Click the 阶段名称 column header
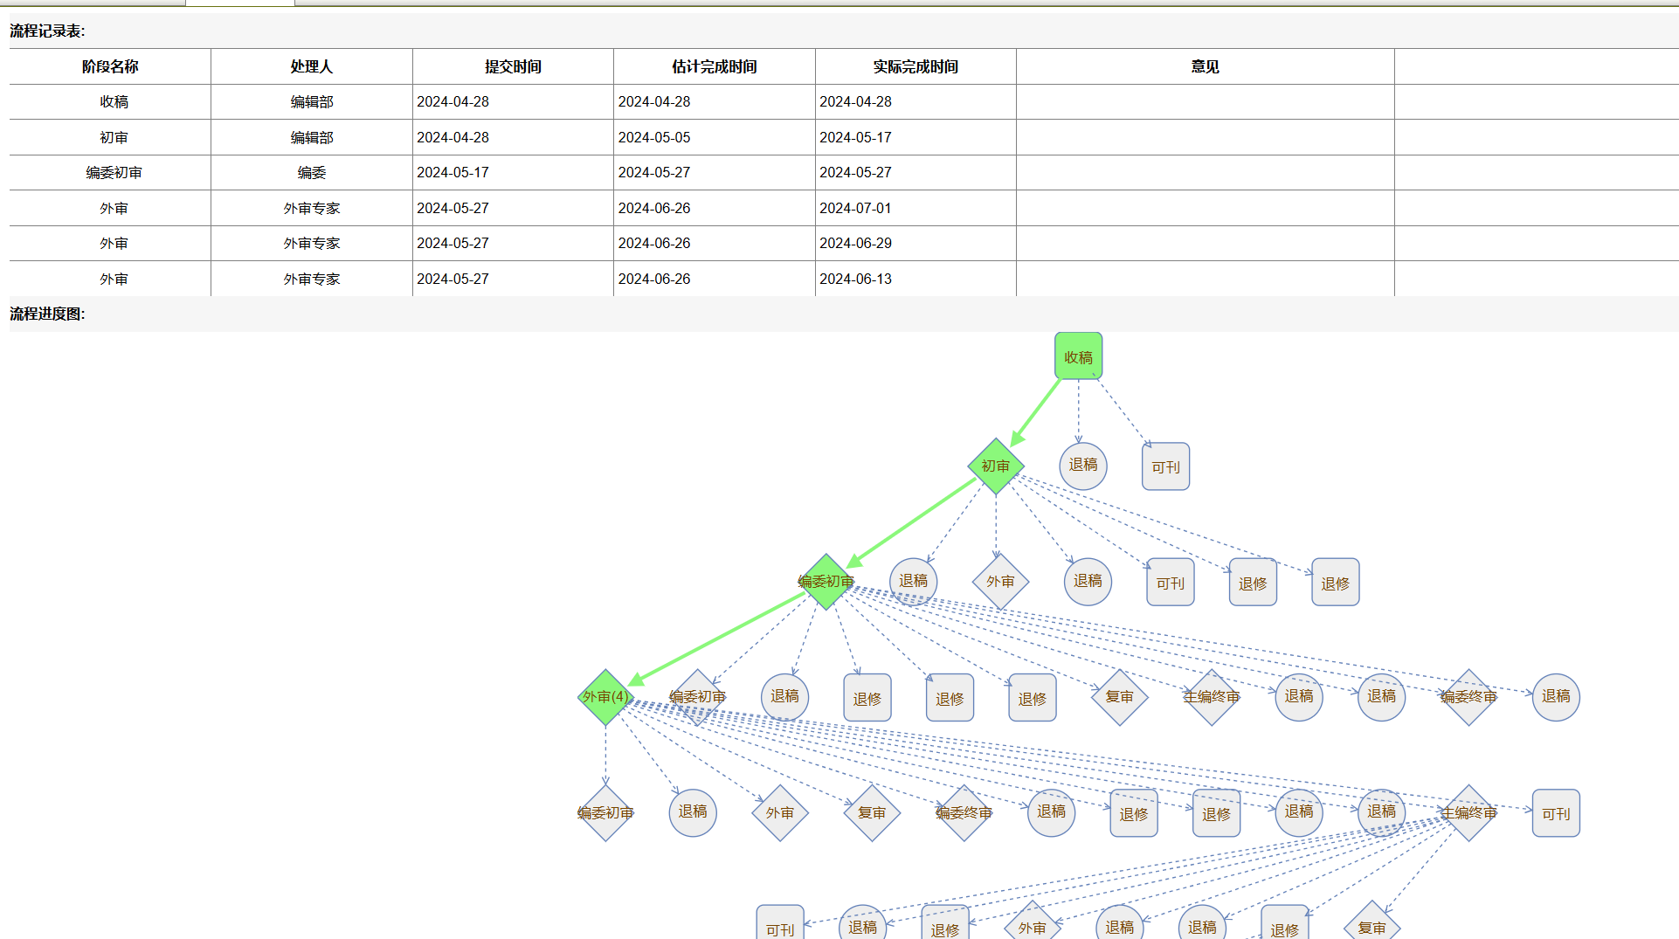110,66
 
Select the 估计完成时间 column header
714,66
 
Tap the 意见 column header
1205,66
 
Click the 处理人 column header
311,66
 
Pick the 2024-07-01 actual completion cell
855,208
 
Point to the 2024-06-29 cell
855,243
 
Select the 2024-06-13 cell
855,279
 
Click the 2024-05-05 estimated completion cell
654,137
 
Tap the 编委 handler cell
311,172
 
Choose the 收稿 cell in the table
114,101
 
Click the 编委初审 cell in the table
114,172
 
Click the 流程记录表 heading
47,31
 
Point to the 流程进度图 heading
47,314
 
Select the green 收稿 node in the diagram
1078,356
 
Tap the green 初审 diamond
995,466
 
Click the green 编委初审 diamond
826,581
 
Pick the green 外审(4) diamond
605,697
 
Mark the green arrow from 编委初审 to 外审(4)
716,639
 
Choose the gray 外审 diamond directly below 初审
1000,581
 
